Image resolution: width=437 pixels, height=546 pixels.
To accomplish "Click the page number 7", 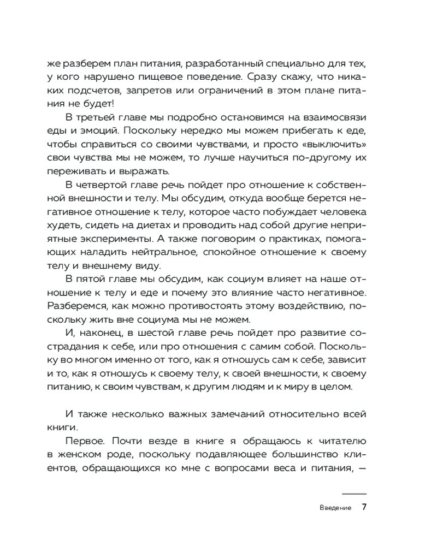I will [364, 507].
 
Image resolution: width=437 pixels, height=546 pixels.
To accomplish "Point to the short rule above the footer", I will [354, 493].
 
